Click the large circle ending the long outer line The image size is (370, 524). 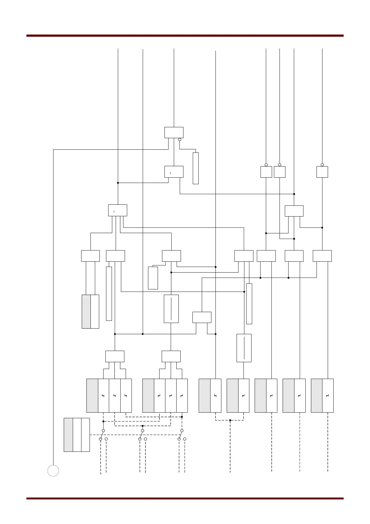[x=53, y=470]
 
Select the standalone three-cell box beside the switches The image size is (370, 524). [x=77, y=435]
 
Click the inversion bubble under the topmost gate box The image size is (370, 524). [x=180, y=140]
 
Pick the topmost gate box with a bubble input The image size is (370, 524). [x=174, y=133]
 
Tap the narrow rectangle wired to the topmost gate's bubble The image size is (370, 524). [x=196, y=168]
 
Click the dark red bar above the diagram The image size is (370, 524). [x=185, y=36]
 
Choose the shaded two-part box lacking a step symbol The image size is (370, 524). [x=90, y=311]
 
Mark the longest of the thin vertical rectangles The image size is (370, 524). [x=109, y=293]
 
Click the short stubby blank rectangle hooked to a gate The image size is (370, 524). [x=153, y=278]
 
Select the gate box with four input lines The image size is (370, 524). [x=118, y=210]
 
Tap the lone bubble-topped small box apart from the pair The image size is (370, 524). [x=322, y=172]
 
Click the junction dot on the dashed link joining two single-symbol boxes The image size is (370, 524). [x=230, y=420]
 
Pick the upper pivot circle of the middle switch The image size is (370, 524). [x=142, y=431]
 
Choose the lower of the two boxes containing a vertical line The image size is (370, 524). [x=244, y=348]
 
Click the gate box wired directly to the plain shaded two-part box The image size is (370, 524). [x=90, y=256]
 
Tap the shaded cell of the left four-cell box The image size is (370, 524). [x=92, y=395]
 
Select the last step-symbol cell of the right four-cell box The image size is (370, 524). [x=182, y=395]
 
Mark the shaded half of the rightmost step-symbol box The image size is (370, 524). [x=317, y=395]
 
